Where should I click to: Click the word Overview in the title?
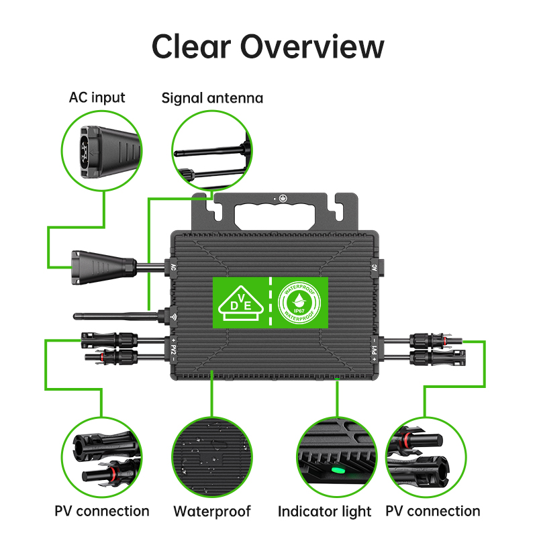312,46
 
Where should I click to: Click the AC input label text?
97,97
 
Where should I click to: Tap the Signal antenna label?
212,98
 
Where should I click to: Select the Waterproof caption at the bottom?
212,511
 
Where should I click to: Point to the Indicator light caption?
324,511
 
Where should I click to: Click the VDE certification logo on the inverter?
241,303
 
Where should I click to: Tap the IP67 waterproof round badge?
299,303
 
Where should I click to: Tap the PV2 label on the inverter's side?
173,350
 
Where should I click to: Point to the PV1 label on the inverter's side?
375,350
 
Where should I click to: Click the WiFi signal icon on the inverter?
174,317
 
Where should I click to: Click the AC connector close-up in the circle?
102,150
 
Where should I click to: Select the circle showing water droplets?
212,458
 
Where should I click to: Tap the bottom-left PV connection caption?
102,511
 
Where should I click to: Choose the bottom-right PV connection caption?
433,511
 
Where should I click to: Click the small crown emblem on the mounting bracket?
283,198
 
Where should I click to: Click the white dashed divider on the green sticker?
271,301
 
